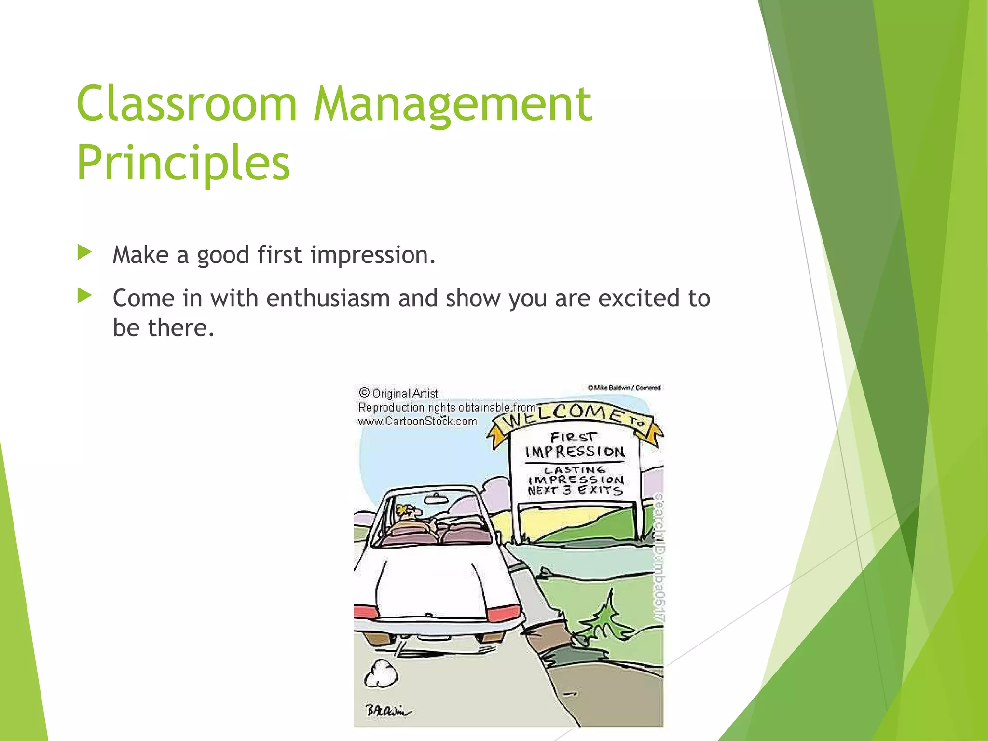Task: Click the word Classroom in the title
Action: pyautogui.click(x=186, y=103)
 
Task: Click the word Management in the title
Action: pyautogui.click(x=453, y=103)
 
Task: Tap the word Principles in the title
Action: pyautogui.click(x=183, y=163)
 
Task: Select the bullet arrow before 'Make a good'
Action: pyautogui.click(x=84, y=252)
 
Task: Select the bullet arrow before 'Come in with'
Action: pyautogui.click(x=84, y=296)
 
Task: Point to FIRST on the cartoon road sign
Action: pyautogui.click(x=573, y=437)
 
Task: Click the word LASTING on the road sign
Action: pyautogui.click(x=574, y=469)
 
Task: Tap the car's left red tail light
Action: pyautogui.click(x=366, y=612)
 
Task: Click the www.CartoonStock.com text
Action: pyautogui.click(x=417, y=421)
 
